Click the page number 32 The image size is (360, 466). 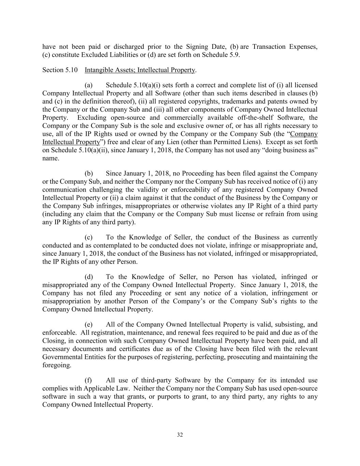point(180,435)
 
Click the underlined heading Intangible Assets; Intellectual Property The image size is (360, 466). point(140,70)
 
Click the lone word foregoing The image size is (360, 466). point(57,365)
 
